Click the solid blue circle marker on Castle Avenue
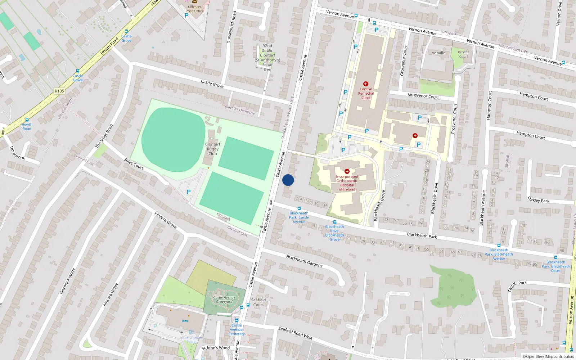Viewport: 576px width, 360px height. (288, 180)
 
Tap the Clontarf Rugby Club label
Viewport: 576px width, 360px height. (213, 149)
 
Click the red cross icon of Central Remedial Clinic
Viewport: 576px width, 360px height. (366, 84)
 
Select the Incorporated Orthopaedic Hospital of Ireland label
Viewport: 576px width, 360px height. (347, 183)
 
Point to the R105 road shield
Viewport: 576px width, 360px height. (59, 91)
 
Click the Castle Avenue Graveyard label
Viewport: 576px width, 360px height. (224, 300)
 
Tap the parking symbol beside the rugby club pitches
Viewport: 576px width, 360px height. (188, 192)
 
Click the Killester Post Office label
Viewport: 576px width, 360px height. (194, 9)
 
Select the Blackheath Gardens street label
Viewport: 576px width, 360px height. (304, 261)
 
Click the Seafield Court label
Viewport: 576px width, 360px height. (258, 302)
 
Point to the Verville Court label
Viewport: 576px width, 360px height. (463, 54)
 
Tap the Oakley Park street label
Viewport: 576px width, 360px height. (538, 199)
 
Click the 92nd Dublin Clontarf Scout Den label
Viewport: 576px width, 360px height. (267, 58)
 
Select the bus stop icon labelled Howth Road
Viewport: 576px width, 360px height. (27, 120)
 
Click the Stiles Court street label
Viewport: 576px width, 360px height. (134, 163)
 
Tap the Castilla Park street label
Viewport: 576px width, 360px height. (517, 286)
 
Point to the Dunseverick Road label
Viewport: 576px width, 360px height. (231, 27)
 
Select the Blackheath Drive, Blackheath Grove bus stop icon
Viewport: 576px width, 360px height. (334, 222)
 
